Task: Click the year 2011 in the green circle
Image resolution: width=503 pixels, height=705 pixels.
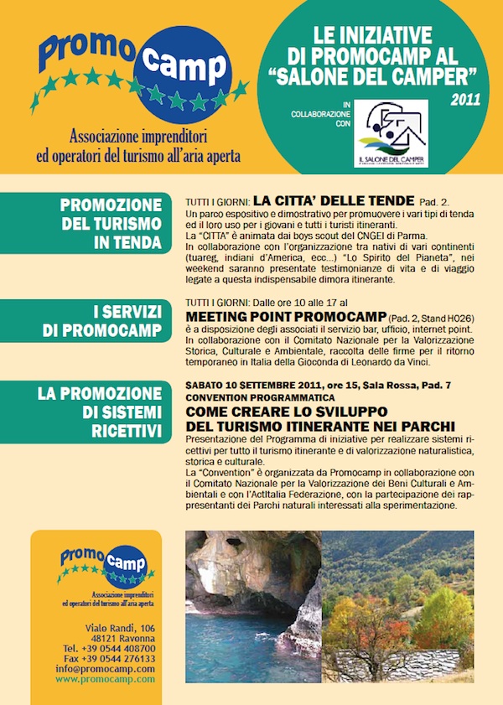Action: click(464, 100)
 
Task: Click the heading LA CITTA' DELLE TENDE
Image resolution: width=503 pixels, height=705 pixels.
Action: click(334, 200)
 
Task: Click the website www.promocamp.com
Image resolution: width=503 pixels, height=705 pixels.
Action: click(106, 679)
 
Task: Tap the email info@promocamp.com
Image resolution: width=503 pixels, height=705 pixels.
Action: click(106, 669)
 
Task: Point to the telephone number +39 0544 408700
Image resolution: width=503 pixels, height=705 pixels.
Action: click(109, 649)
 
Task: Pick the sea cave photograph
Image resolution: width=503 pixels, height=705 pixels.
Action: click(254, 606)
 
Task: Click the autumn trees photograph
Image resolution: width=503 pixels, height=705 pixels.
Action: click(397, 606)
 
